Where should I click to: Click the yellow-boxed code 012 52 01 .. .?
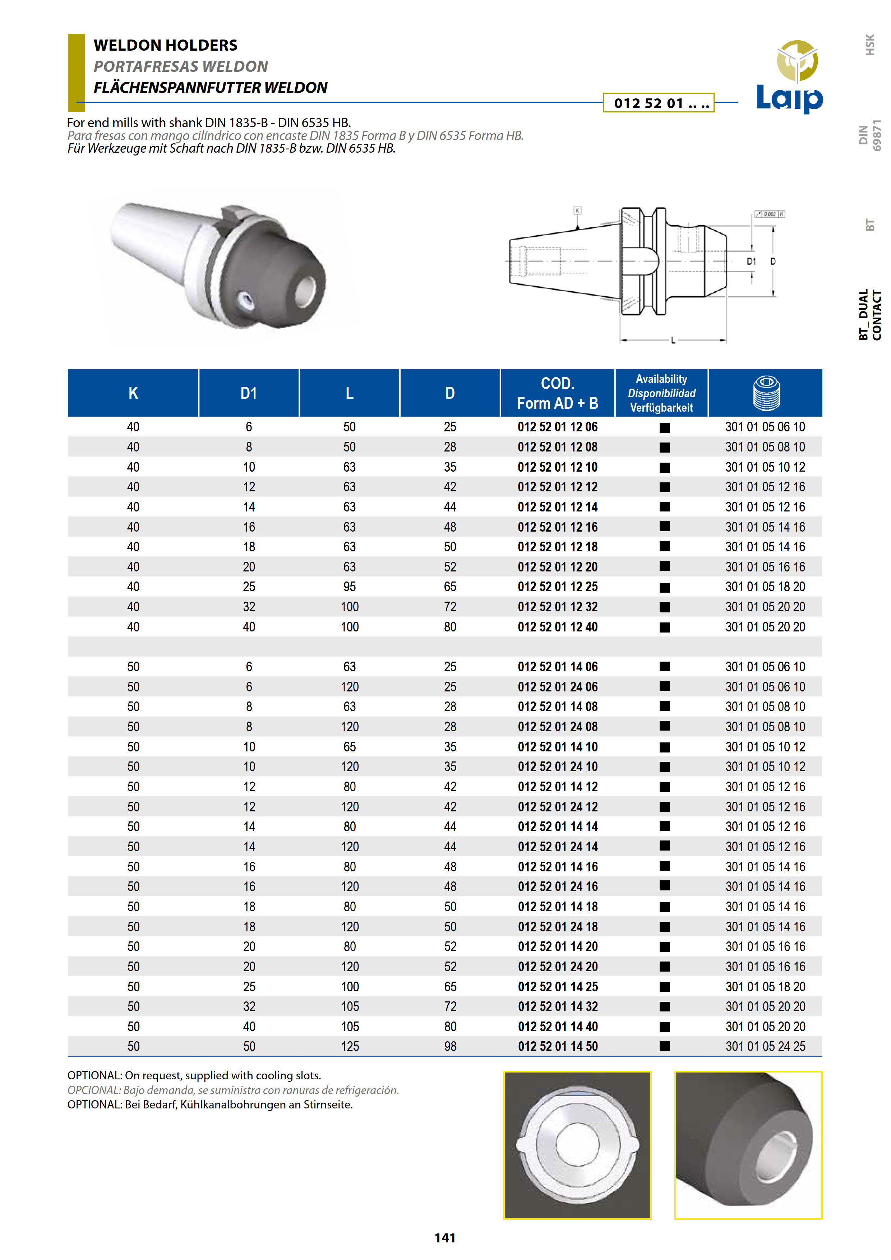pos(658,103)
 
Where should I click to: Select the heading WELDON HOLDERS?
pos(165,45)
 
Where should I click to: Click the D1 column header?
pos(249,393)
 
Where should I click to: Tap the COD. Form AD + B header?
pos(557,393)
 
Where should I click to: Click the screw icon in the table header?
pos(766,393)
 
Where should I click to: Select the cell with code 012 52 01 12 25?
pos(557,587)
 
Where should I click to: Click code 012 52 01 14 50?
pos(557,1047)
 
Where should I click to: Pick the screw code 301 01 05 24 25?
pos(765,1047)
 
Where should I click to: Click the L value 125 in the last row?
pos(350,1047)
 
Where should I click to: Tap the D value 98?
pos(450,1047)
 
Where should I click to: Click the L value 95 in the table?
pos(350,587)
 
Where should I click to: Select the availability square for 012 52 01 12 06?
pos(664,427)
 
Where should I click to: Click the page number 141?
pos(445,1237)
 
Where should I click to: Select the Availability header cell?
pos(661,393)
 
